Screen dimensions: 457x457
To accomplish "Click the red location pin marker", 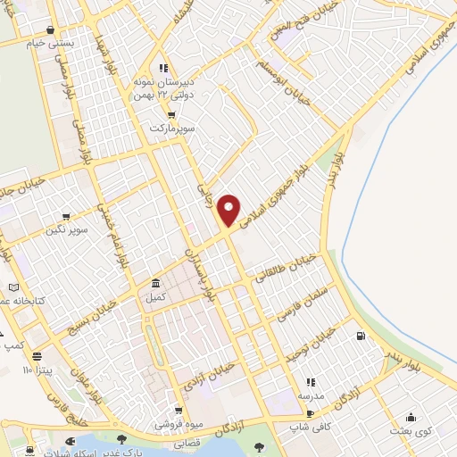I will pos(229,209).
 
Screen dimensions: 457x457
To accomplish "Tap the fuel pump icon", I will pos(360,337).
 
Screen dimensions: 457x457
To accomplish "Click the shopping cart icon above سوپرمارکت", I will pos(171,115).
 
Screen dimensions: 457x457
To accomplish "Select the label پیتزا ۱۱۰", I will pos(39,368).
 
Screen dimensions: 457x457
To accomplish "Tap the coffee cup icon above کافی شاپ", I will pos(310,413).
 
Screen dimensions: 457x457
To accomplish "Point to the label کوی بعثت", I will pos(410,430).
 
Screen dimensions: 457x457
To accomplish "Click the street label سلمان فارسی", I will pos(307,303).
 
